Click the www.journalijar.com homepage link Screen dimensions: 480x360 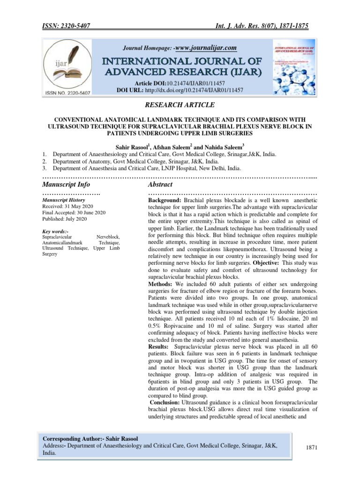point(207,47)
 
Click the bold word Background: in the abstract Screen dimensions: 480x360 point(163,200)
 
